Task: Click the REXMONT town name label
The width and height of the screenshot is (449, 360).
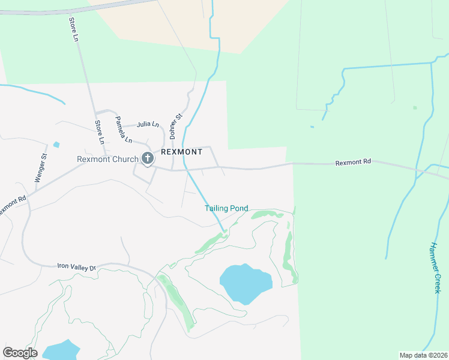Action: tap(182, 152)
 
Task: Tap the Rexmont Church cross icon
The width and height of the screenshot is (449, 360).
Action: tap(148, 159)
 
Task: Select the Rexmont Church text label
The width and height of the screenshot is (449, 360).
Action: tap(107, 160)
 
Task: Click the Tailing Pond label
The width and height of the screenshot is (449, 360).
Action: tap(226, 208)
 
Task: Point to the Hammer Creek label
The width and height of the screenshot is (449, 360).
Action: tap(436, 267)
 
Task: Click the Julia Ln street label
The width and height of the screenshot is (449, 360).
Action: tap(148, 125)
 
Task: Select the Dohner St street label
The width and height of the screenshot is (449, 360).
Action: tap(175, 125)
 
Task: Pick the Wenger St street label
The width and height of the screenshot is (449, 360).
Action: tap(40, 169)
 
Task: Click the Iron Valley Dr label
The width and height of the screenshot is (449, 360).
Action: tap(76, 266)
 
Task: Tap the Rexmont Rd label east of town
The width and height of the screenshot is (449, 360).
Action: tap(353, 162)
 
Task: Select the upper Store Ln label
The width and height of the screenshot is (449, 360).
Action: tap(74, 29)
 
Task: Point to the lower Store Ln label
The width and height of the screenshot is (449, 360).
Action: tap(99, 132)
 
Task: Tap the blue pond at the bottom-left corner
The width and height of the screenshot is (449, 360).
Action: tap(60, 350)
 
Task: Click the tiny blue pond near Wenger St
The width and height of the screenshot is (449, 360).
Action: tap(56, 145)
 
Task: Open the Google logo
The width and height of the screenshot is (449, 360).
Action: tap(20, 353)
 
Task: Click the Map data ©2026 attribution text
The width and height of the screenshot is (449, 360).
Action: tap(423, 355)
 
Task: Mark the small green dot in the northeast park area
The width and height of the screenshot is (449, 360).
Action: tap(415, 108)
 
